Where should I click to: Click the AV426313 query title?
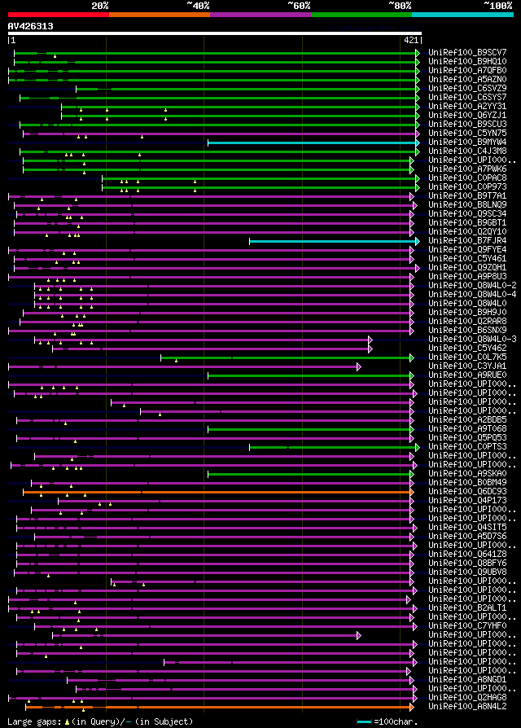(31, 26)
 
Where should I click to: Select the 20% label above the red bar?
(100, 6)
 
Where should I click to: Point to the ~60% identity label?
(299, 6)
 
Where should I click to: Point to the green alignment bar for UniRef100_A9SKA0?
(309, 473)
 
